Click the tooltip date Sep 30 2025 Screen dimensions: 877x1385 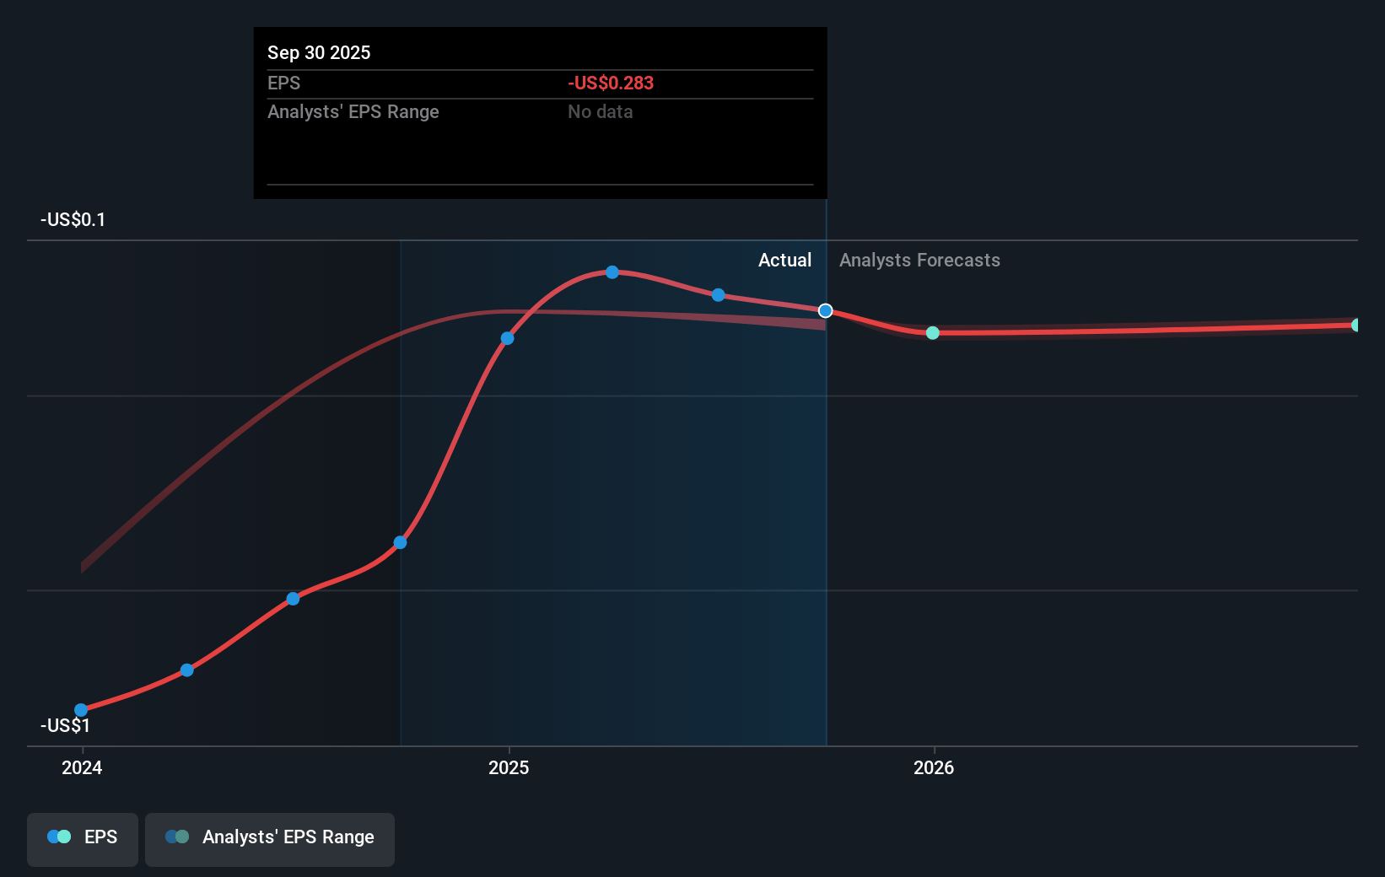point(319,52)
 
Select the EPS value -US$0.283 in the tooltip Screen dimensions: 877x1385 point(610,83)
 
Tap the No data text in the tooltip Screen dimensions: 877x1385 point(600,111)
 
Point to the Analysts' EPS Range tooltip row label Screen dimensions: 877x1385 point(353,111)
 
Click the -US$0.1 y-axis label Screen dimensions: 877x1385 point(73,220)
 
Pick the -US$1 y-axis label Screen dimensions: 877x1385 point(65,725)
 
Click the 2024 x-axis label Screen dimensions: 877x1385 point(82,767)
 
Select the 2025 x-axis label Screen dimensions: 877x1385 point(509,767)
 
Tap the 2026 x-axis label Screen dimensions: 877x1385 point(934,767)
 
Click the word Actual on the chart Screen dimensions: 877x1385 point(784,261)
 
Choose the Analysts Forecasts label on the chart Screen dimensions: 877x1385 point(919,261)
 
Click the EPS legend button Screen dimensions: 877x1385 point(83,837)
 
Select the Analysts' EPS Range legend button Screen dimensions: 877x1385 point(270,837)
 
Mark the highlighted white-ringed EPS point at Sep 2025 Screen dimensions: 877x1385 point(826,311)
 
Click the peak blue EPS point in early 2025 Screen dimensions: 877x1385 point(612,272)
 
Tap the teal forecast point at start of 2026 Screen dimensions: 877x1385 point(932,333)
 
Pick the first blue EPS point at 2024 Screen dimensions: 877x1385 point(81,710)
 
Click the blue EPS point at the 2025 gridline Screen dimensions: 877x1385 point(507,338)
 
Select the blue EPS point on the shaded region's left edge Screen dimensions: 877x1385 point(401,542)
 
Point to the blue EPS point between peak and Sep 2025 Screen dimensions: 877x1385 point(718,295)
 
